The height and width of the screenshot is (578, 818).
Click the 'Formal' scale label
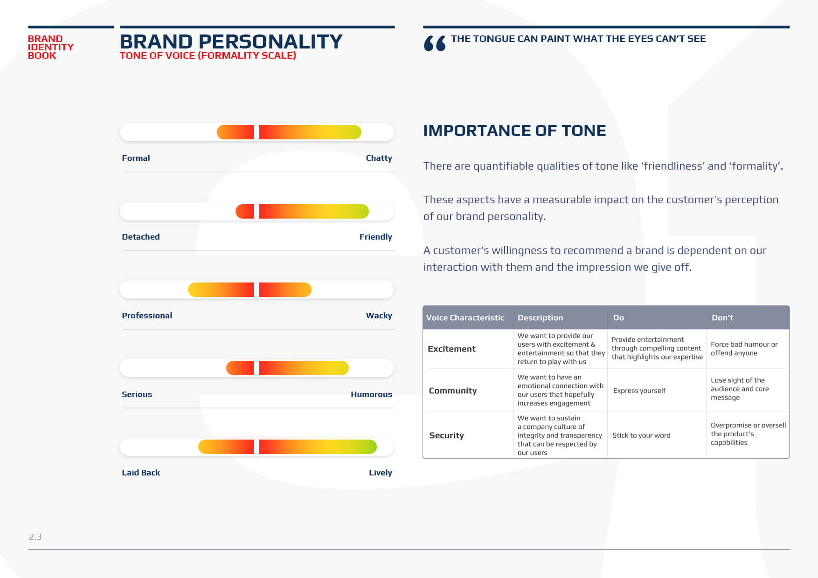click(136, 158)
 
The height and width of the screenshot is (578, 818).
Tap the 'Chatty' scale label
click(379, 158)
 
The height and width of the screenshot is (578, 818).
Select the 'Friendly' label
click(375, 237)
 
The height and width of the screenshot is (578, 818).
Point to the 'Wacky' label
click(379, 316)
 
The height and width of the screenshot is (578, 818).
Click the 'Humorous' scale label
click(371, 394)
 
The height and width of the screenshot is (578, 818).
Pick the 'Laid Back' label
click(141, 473)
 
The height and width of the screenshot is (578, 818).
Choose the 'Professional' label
click(147, 316)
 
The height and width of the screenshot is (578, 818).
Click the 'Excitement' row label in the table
click(451, 349)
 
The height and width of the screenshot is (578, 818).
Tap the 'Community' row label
click(452, 391)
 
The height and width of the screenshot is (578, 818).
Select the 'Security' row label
click(446, 435)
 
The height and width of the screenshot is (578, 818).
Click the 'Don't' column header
click(722, 317)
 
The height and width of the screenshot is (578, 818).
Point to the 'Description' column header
click(540, 317)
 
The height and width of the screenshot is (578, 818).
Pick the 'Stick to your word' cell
click(641, 435)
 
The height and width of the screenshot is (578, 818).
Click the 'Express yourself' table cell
click(639, 391)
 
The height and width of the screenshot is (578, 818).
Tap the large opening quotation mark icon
click(434, 43)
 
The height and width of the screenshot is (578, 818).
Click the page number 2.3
click(35, 537)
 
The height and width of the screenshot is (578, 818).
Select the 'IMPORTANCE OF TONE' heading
click(514, 131)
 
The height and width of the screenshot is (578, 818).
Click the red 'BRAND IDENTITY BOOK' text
click(50, 47)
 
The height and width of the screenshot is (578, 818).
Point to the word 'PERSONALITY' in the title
click(270, 41)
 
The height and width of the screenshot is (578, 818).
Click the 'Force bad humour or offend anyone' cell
click(744, 349)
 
